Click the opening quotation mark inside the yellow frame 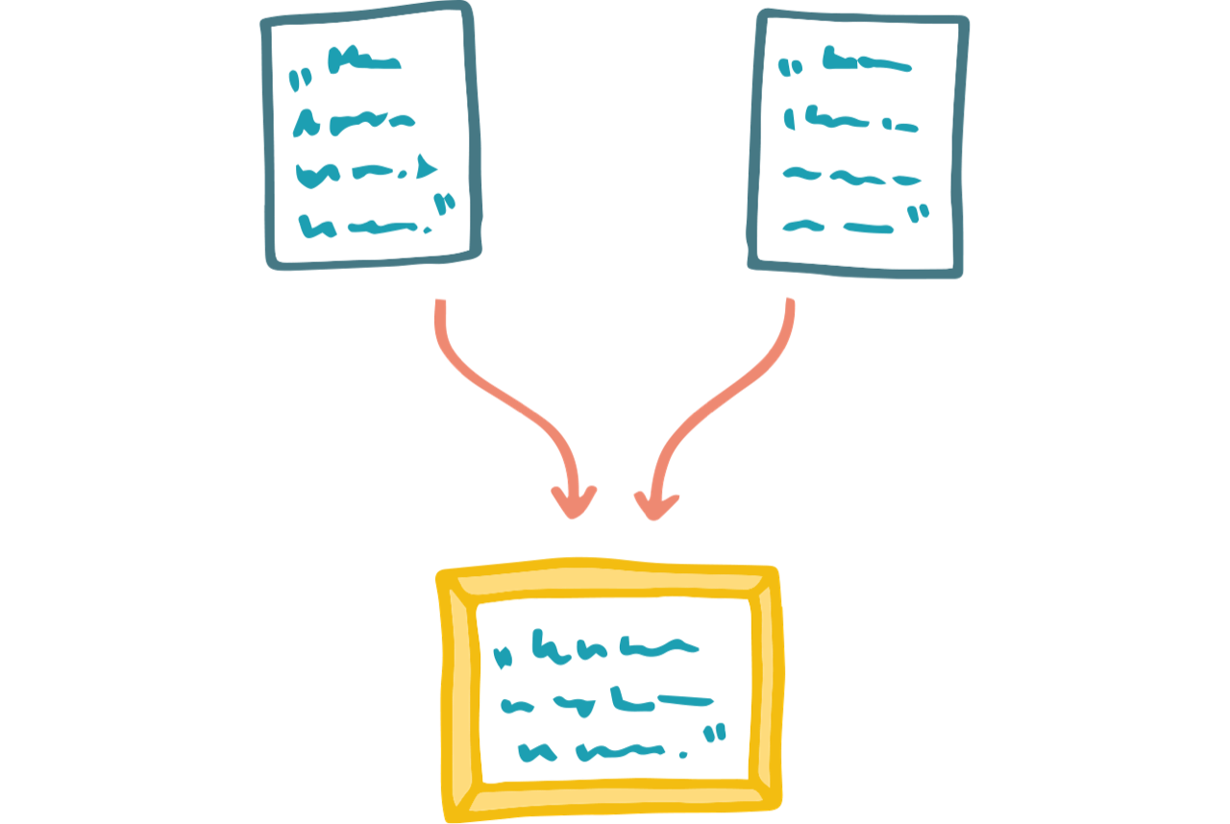(501, 658)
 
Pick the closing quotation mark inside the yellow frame (714, 736)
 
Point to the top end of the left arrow (440, 305)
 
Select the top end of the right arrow (790, 305)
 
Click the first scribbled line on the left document (363, 63)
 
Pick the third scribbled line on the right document (851, 178)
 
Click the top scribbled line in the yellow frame (615, 650)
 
